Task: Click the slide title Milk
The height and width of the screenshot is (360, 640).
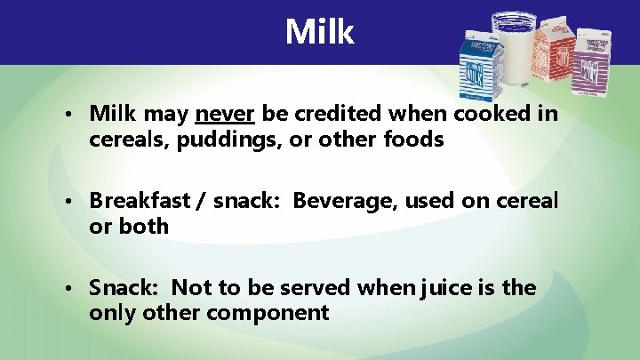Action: click(320, 32)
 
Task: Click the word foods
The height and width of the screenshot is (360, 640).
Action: click(414, 140)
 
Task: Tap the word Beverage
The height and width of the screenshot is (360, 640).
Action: click(346, 201)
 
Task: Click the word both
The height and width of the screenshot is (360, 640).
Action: click(141, 226)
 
